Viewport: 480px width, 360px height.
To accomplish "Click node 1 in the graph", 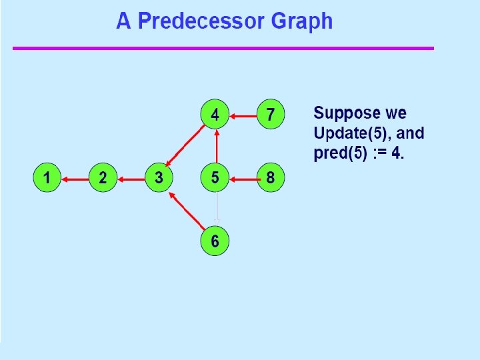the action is (x=47, y=178).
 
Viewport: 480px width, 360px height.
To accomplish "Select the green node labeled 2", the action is (x=103, y=178).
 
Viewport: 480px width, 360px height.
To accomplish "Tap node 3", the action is (x=159, y=178).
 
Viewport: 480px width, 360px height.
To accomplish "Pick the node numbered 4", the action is (x=215, y=115).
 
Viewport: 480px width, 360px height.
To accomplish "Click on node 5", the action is (x=215, y=178).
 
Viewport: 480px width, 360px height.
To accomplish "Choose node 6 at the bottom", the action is (x=215, y=241).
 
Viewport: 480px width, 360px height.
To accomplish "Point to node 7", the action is (x=270, y=115).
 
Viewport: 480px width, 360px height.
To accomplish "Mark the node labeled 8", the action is (x=270, y=178).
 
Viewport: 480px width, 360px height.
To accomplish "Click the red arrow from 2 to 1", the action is (x=75, y=178).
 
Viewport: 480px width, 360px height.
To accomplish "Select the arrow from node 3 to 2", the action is (x=131, y=178).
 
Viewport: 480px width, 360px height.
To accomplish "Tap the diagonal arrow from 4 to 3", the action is (x=186, y=146).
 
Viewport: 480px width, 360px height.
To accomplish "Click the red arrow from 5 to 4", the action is (x=216, y=147).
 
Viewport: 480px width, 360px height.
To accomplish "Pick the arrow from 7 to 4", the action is (x=243, y=116).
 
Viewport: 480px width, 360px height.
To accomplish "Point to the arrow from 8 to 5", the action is (x=243, y=178).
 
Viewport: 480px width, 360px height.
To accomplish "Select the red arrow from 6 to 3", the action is (x=186, y=209).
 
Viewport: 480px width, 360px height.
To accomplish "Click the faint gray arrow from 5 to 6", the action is (x=216, y=209).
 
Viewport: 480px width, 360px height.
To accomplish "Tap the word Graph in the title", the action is (x=301, y=21).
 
